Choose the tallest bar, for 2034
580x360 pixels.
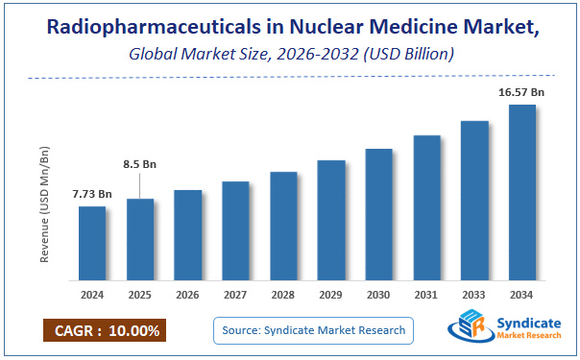pyautogui.click(x=521, y=193)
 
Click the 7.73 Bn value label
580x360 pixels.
pyautogui.click(x=92, y=194)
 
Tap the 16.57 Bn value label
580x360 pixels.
pyautogui.click(x=521, y=92)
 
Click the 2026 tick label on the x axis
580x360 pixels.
pyautogui.click(x=187, y=294)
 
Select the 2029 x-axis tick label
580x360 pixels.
pyautogui.click(x=331, y=294)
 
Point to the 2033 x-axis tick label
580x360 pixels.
pyautogui.click(x=474, y=294)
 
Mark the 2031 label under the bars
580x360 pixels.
pyautogui.click(x=426, y=294)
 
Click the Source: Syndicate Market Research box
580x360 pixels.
pyautogui.click(x=312, y=331)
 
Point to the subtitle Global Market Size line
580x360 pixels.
pyautogui.click(x=289, y=55)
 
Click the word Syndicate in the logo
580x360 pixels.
pyautogui.click(x=528, y=325)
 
